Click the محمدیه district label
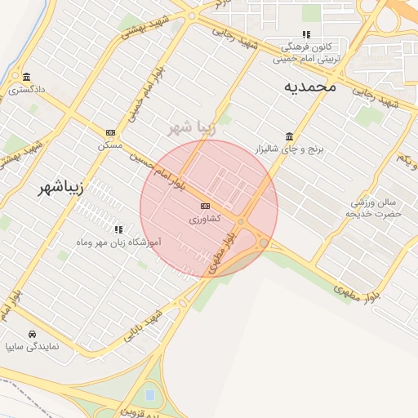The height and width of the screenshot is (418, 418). point(310,87)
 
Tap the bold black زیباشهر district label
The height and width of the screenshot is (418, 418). point(61,189)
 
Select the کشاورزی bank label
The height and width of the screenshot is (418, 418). point(204,219)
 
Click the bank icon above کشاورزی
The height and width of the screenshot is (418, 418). point(205,206)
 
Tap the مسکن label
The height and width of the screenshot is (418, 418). point(110,145)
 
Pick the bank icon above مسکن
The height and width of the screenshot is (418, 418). point(110,132)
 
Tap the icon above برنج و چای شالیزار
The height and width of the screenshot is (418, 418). point(290,136)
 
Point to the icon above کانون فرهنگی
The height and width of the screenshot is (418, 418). point(306,35)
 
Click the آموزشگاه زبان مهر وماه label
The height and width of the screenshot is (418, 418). point(118,242)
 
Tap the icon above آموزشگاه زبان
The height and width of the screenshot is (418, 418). point(118,229)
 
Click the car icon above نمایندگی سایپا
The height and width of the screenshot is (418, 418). point(31,334)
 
